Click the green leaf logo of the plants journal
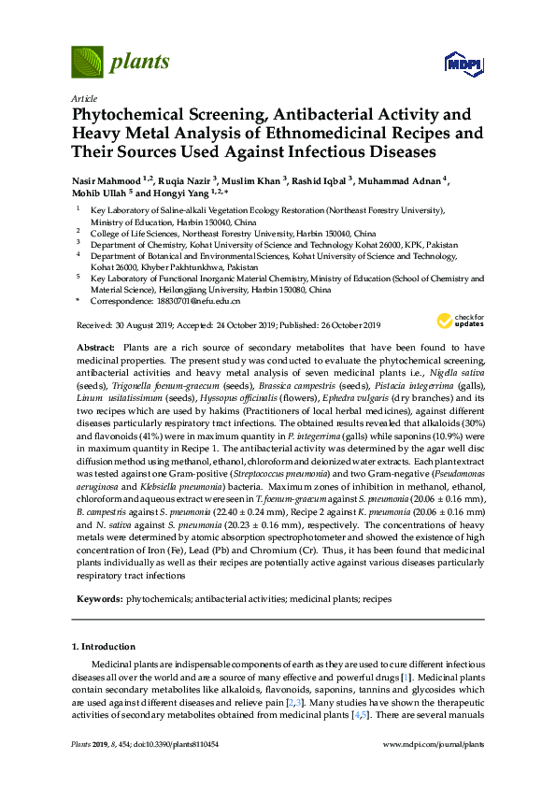(87, 62)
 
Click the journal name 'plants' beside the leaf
(140, 63)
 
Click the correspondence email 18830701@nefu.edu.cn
(204, 302)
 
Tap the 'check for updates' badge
(455, 321)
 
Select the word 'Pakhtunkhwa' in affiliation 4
(200, 266)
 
